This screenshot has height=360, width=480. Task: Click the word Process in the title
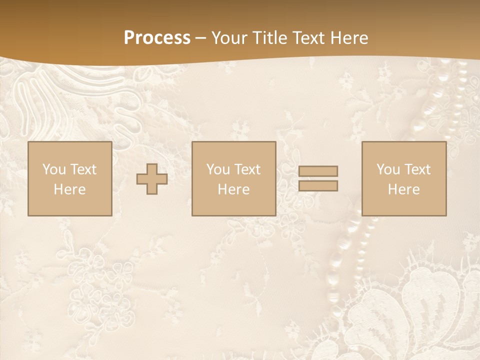[x=157, y=38]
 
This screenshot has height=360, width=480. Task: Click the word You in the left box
[x=53, y=169]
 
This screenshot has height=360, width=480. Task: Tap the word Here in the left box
[x=69, y=189]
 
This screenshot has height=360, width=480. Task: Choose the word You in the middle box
[x=217, y=169]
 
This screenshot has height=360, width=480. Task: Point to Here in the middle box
[x=233, y=189]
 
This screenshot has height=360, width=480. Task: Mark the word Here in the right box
[x=403, y=189]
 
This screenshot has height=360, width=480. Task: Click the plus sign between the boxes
[x=152, y=179]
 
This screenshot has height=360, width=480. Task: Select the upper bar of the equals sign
[x=318, y=171]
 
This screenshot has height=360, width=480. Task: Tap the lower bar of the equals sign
[x=318, y=186]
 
